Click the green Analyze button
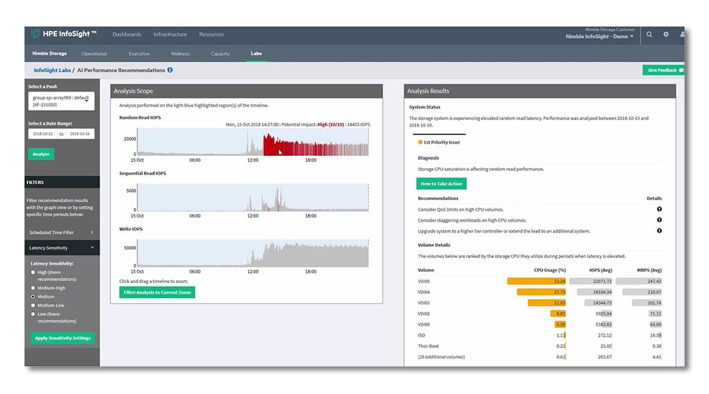[x=42, y=154]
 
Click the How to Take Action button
[x=442, y=184]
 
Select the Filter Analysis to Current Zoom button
[x=157, y=292]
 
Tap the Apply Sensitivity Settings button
[x=62, y=338]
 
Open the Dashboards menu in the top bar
[x=127, y=34]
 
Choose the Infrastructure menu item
[x=170, y=34]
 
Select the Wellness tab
[x=180, y=54]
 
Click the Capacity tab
[x=221, y=54]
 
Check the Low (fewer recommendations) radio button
[x=33, y=314]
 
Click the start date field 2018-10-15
[x=42, y=134]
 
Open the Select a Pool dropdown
[x=62, y=100]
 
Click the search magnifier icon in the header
[x=650, y=34]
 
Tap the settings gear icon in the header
[x=666, y=34]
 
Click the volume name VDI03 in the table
[x=424, y=303]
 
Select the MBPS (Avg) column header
[x=648, y=270]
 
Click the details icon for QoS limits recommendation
[x=659, y=209]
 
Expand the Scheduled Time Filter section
[x=62, y=232]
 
